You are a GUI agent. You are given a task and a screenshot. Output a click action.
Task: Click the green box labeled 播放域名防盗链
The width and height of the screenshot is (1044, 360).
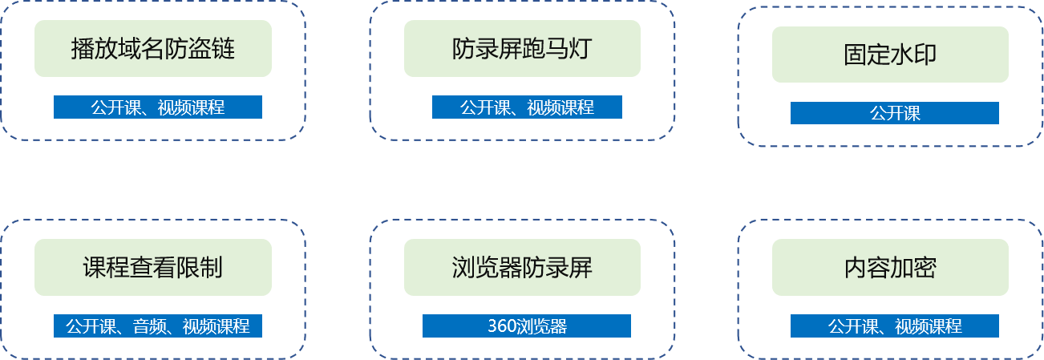pyautogui.click(x=153, y=48)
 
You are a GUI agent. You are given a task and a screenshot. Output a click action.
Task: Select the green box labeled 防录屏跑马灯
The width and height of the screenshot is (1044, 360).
pyautogui.click(x=522, y=48)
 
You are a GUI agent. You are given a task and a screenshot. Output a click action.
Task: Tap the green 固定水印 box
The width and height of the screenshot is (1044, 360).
pyautogui.click(x=890, y=55)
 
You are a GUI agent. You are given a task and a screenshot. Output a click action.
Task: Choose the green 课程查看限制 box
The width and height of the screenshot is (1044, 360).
pyautogui.click(x=153, y=267)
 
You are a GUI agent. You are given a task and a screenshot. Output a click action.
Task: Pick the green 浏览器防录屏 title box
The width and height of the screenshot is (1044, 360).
pyautogui.click(x=522, y=267)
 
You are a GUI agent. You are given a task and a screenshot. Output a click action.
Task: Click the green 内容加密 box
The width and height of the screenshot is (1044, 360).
pyautogui.click(x=890, y=267)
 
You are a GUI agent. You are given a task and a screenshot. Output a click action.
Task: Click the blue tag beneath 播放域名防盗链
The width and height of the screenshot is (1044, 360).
pyautogui.click(x=157, y=107)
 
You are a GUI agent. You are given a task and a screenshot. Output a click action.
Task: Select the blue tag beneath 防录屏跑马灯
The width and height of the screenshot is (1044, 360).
pyautogui.click(x=527, y=107)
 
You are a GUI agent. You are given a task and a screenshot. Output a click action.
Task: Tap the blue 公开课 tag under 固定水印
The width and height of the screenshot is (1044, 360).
pyautogui.click(x=894, y=113)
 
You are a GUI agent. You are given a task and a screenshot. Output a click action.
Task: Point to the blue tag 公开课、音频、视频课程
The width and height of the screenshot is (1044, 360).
pyautogui.click(x=157, y=326)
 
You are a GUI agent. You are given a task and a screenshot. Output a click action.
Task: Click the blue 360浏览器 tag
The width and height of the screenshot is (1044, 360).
pyautogui.click(x=527, y=326)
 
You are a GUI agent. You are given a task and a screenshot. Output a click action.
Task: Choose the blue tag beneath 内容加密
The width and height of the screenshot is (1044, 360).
pyautogui.click(x=894, y=326)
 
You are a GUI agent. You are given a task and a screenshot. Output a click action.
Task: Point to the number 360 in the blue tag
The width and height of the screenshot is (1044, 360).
pyautogui.click(x=501, y=326)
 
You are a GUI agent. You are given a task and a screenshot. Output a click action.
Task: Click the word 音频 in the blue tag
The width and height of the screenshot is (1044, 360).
pyautogui.click(x=149, y=326)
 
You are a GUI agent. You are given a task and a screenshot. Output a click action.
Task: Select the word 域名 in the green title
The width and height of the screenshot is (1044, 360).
pyautogui.click(x=141, y=48)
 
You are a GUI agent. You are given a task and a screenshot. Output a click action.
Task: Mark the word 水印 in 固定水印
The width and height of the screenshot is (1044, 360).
pyautogui.click(x=913, y=55)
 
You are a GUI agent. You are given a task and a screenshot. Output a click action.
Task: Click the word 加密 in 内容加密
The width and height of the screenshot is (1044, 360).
pyautogui.click(x=913, y=268)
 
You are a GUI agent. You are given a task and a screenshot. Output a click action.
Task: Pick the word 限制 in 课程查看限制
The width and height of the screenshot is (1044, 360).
pyautogui.click(x=200, y=268)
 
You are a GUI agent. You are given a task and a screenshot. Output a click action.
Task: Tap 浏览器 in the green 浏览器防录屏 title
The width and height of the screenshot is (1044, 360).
pyautogui.click(x=487, y=268)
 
